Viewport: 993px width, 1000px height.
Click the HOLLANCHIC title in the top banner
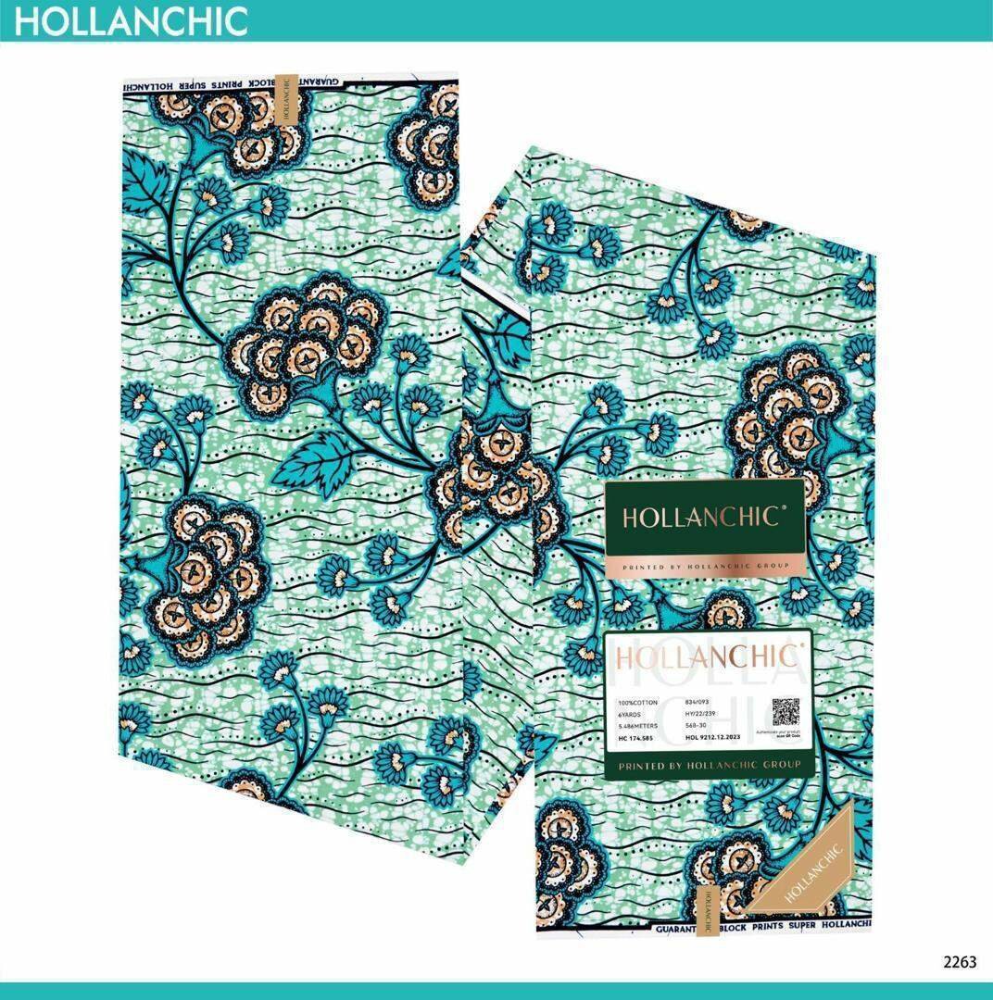click(130, 20)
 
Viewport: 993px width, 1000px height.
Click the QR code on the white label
click(786, 712)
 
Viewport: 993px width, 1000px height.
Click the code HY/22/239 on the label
click(703, 715)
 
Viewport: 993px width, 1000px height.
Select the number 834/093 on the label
click(698, 703)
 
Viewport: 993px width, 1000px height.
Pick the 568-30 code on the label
click(697, 726)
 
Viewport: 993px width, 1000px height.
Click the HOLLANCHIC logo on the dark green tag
click(700, 517)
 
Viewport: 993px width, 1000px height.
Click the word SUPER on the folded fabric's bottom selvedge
click(793, 926)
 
